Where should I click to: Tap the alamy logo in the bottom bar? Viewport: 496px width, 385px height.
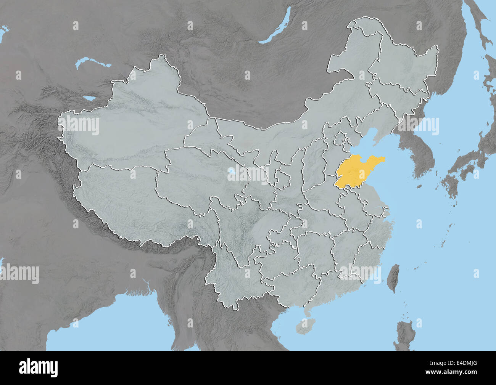[x=38, y=368]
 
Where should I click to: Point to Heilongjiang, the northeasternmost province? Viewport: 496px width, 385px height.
[x=404, y=69]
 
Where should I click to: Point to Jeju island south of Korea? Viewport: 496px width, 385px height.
[x=419, y=187]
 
